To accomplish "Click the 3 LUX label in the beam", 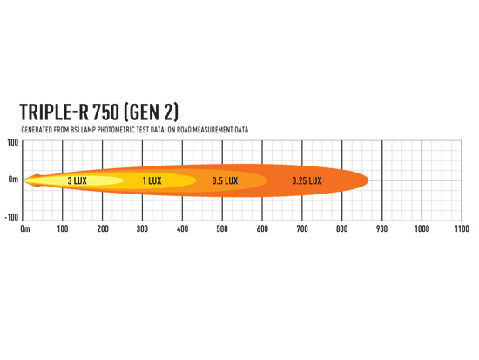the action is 77,180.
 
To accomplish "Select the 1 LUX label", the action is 152,180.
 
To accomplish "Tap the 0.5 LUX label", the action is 225,180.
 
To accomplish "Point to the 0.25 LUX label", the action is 307,180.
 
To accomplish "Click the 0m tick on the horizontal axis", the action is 25,228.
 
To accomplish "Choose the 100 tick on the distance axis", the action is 63,228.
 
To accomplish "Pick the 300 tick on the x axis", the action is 142,228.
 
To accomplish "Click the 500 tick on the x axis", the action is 222,228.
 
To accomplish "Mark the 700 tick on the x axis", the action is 302,228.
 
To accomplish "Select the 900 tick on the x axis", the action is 381,228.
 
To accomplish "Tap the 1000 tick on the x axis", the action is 422,228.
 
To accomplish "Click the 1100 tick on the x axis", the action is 462,228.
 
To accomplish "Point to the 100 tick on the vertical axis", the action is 13,143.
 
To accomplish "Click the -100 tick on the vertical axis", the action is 11,217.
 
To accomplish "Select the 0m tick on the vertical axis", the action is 13,180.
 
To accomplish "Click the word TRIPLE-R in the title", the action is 54,112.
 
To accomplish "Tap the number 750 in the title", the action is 105,112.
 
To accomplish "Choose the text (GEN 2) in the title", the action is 152,112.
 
